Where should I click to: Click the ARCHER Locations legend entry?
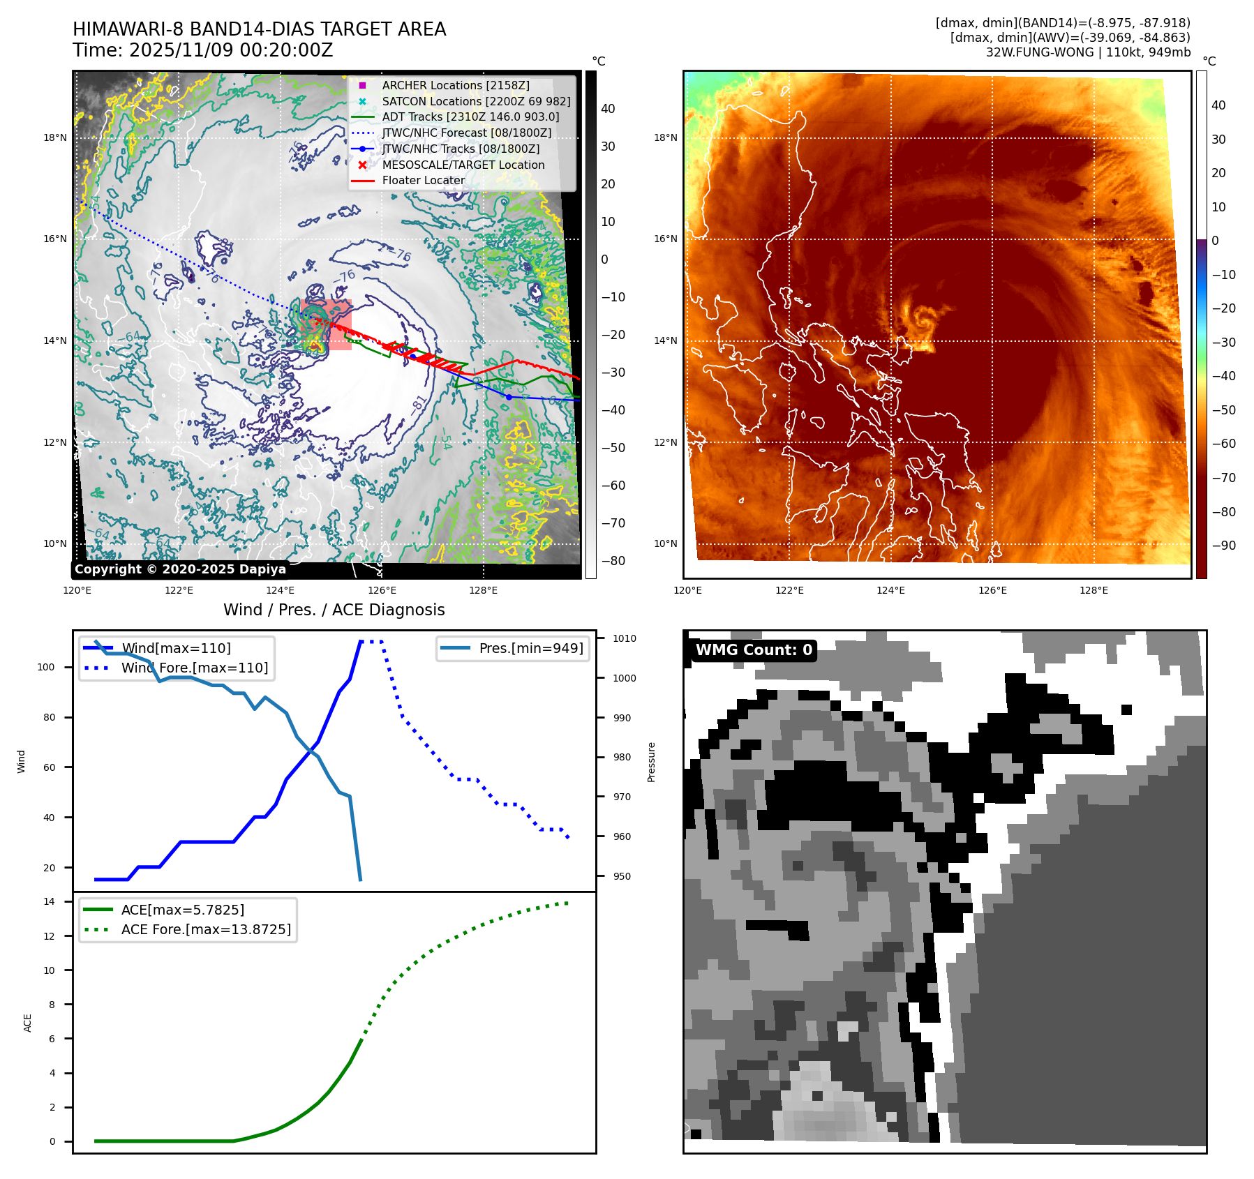pyautogui.click(x=455, y=85)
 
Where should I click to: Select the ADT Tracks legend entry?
pyautogui.click(x=470, y=117)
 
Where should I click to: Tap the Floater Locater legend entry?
pyautogui.click(x=423, y=181)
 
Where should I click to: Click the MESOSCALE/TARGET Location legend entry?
pyautogui.click(x=463, y=165)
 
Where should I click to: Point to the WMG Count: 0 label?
pyautogui.click(x=754, y=650)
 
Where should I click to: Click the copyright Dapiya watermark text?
pyautogui.click(x=180, y=569)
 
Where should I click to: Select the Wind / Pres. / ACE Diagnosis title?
pyautogui.click(x=334, y=610)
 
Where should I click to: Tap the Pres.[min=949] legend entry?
pyautogui.click(x=530, y=648)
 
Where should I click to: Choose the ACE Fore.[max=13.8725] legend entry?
pyautogui.click(x=206, y=929)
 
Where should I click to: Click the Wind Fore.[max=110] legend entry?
pyautogui.click(x=194, y=668)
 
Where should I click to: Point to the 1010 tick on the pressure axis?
pyautogui.click(x=625, y=638)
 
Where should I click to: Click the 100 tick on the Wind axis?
pyautogui.click(x=46, y=667)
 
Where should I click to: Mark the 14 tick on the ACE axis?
pyautogui.click(x=49, y=901)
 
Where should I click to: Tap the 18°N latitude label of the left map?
pyautogui.click(x=55, y=137)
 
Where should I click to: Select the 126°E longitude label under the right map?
pyautogui.click(x=992, y=590)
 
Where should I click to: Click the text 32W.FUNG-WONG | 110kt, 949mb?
pyautogui.click(x=1088, y=52)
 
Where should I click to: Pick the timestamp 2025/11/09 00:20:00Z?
pyautogui.click(x=231, y=50)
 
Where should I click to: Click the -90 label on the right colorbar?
pyautogui.click(x=1223, y=546)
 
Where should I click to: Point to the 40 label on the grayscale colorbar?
pyautogui.click(x=608, y=109)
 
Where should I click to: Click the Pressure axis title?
pyautogui.click(x=651, y=762)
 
